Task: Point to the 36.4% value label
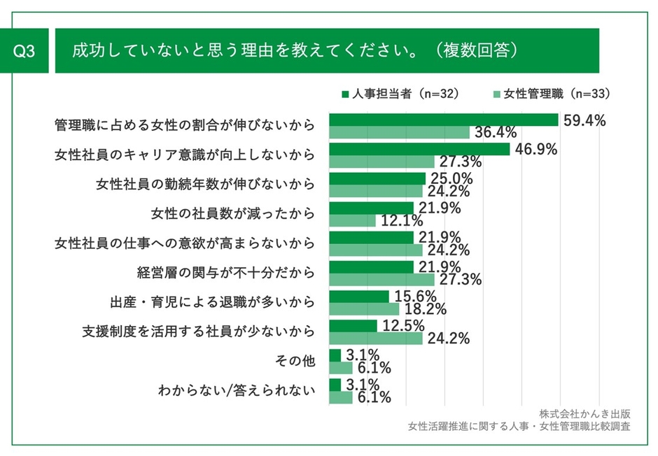(495, 132)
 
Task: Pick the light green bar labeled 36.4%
(398, 132)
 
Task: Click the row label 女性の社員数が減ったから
(233, 213)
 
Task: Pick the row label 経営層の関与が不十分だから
(225, 272)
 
